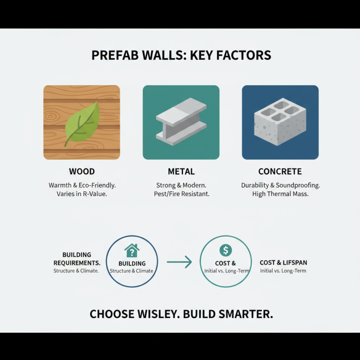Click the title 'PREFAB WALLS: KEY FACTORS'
tap(181, 55)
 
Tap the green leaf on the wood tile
tap(82, 123)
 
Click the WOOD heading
tap(82, 171)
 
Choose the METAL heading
tap(181, 171)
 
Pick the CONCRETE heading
tap(280, 171)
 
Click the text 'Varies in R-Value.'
tap(82, 194)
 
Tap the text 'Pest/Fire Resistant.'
tap(181, 194)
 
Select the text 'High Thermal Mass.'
tap(280, 194)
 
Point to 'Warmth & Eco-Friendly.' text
tap(82, 185)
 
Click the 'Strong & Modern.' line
tap(181, 185)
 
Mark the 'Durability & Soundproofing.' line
tap(280, 185)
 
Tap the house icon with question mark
tap(132, 250)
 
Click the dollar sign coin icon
tap(225, 250)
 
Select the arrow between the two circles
tap(179, 261)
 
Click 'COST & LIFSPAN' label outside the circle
tap(283, 262)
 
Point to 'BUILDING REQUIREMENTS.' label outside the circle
tap(76, 259)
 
